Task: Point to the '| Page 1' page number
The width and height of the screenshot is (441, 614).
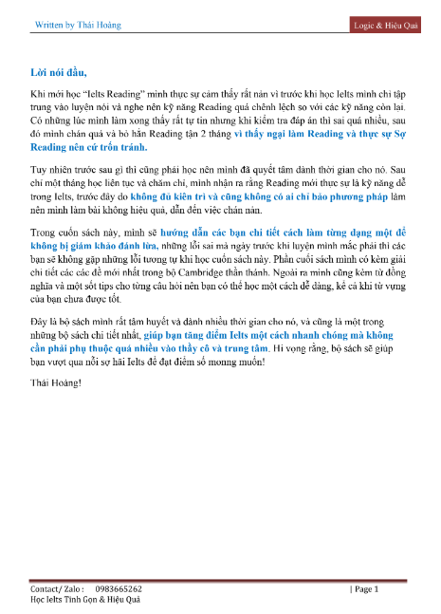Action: coord(364,588)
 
